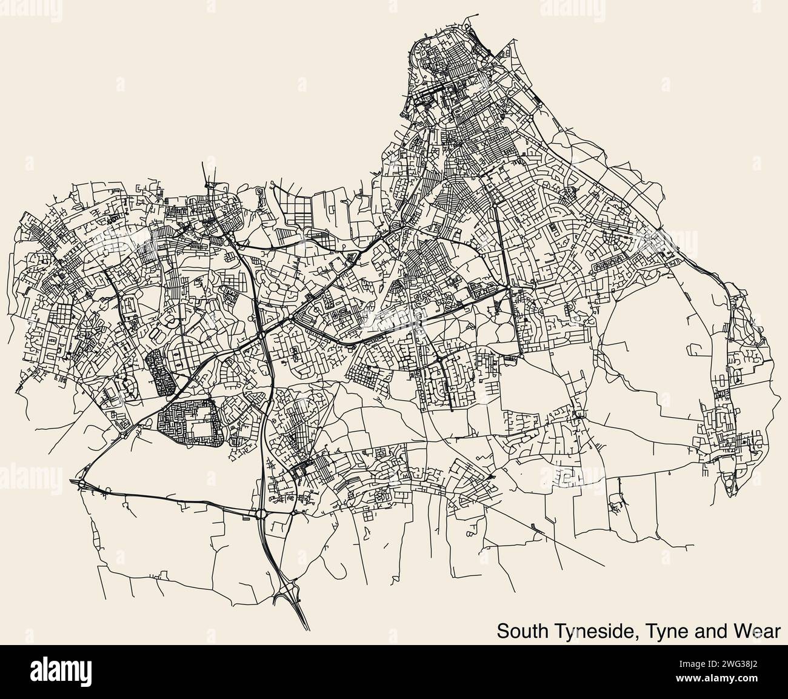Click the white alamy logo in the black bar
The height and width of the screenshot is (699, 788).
(60, 671)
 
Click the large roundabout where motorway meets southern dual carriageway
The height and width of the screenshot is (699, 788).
(262, 515)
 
